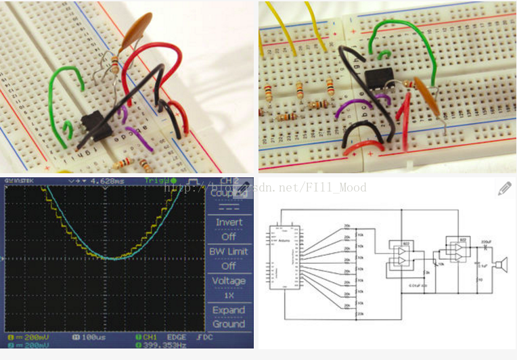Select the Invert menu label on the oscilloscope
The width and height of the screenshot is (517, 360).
coord(229,222)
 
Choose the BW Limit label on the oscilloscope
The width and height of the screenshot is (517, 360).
coord(229,251)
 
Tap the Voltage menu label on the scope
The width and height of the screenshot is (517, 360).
coord(229,281)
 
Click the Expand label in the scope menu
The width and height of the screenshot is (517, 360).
coord(229,310)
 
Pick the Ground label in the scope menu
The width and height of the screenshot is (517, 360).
coord(229,323)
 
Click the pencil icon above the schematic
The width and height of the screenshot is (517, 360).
coord(504,189)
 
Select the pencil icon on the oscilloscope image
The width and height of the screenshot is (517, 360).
coord(243,189)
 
